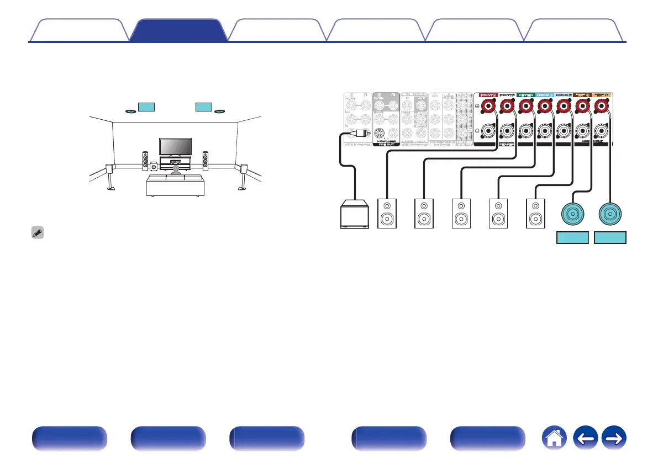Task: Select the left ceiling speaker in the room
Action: pos(131,111)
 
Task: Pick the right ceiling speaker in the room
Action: pos(220,111)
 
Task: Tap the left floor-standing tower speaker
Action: pos(145,160)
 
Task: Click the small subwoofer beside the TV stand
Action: pos(153,166)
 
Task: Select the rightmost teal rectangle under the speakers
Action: pos(610,238)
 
